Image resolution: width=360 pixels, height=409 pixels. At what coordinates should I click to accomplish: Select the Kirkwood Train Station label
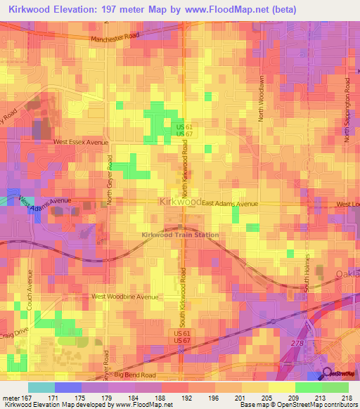pyautogui.click(x=180, y=235)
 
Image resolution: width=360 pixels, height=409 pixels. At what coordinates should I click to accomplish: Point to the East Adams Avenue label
pyautogui.click(x=231, y=204)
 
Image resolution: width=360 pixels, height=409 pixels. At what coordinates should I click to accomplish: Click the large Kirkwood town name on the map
pyautogui.click(x=181, y=202)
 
